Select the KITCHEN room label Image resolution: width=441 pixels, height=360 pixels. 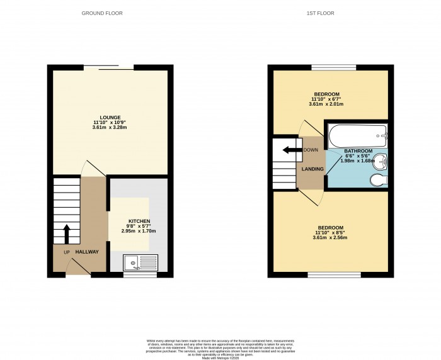pos(139,222)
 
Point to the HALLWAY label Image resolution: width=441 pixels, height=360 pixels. pos(88,252)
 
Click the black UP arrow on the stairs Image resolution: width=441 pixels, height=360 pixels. pos(66,233)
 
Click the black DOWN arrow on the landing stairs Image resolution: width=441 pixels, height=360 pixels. pos(290,150)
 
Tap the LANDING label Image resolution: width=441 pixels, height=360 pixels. pos(312,169)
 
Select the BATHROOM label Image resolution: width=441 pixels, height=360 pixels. pos(358,152)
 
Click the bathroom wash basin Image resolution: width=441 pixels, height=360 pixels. pos(382,161)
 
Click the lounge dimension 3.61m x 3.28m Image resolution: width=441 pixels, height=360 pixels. pos(110,128)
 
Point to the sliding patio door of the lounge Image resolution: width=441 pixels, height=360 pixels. pos(108,67)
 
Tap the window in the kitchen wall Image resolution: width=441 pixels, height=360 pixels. pos(140,275)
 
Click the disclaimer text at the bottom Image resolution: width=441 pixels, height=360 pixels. pos(220,346)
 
